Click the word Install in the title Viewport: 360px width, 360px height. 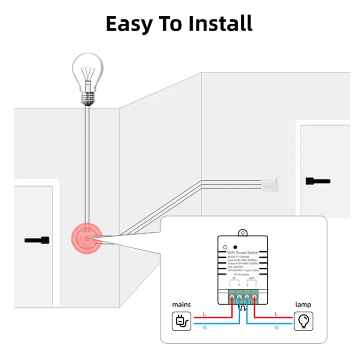tap(220, 23)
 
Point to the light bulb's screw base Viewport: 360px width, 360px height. tap(88, 97)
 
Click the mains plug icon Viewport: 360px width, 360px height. tap(181, 322)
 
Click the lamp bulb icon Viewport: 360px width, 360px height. tap(303, 322)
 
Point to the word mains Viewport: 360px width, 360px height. tap(181, 305)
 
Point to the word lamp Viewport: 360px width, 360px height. tap(303, 305)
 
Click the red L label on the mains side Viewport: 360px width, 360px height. tap(205, 313)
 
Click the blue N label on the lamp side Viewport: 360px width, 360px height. tap(275, 328)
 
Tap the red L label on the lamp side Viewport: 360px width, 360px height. tap(275, 313)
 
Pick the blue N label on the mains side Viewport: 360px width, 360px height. tap(205, 328)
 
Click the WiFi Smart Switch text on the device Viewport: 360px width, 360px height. tap(243, 253)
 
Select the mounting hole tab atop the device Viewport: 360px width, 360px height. tap(243, 232)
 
